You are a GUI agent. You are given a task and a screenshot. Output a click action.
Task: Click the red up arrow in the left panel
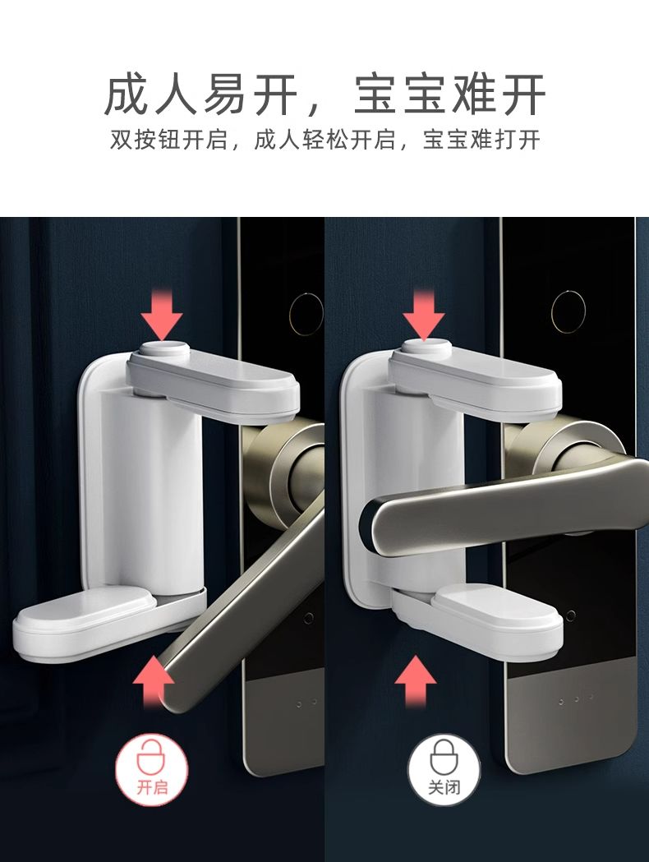pyautogui.click(x=154, y=682)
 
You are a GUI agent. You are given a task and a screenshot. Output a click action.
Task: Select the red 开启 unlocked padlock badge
pyautogui.click(x=152, y=769)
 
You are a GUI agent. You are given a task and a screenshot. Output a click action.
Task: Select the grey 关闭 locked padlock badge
pyautogui.click(x=444, y=769)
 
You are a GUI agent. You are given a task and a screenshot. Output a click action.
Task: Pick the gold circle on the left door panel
pyautogui.click(x=306, y=314)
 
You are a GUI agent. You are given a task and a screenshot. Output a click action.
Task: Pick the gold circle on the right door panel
pyautogui.click(x=568, y=311)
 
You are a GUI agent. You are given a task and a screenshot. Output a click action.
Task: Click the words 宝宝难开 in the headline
pyautogui.click(x=449, y=94)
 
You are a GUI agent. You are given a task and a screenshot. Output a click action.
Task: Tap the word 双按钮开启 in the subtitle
pyautogui.click(x=169, y=140)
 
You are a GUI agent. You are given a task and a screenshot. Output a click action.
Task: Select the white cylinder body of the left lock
pyautogui.click(x=151, y=489)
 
